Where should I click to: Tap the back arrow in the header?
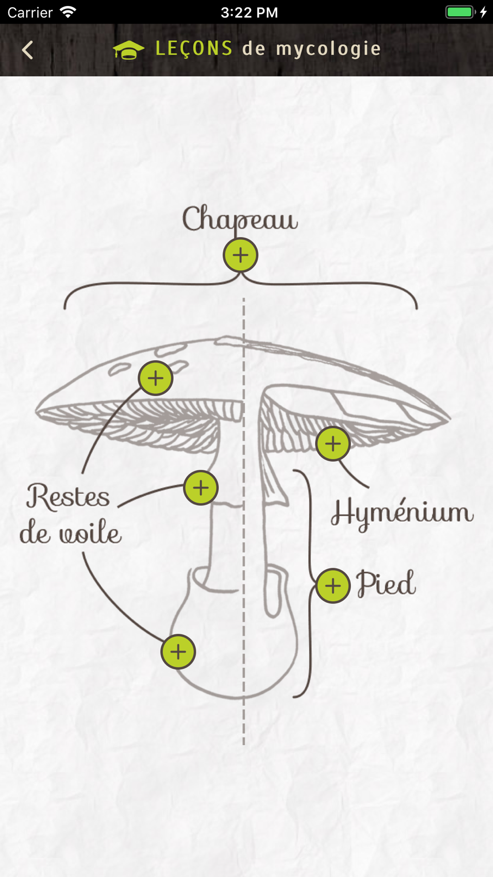point(28,50)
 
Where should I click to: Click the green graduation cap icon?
point(128,50)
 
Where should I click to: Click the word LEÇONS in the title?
point(194,49)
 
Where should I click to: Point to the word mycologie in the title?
point(328,49)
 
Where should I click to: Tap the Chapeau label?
point(240,219)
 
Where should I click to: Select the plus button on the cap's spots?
point(155,378)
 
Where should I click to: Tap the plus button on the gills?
point(333,444)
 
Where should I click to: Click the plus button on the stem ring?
point(201,488)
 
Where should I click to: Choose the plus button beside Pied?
point(333,586)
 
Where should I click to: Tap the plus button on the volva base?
point(178,652)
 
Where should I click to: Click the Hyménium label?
point(402,513)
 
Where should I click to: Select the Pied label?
point(386,584)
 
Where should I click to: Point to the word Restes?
point(68,496)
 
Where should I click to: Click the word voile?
point(90,534)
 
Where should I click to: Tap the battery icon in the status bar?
point(460,12)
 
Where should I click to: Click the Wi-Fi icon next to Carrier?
point(68,12)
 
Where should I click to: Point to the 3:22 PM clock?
point(249,12)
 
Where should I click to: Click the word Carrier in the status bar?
point(30,12)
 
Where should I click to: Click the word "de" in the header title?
point(254,49)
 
